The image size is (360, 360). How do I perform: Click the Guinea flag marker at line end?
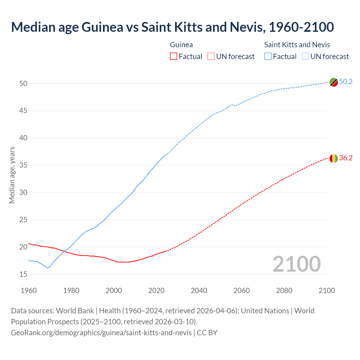coord(334,159)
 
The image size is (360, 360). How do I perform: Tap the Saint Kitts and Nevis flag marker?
coord(334,82)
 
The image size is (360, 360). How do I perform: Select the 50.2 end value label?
coord(346,82)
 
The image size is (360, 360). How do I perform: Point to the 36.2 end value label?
coord(346,158)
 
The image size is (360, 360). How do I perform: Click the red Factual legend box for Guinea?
coord(174,56)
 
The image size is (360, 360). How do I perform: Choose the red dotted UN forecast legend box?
coord(211,56)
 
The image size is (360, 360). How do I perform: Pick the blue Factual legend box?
coord(268,56)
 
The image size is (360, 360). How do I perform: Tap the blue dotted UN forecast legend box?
coord(305,56)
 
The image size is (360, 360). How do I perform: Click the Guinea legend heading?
coord(181,45)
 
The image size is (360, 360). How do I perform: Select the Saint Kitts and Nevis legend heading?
coord(297,45)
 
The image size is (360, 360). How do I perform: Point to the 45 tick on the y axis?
coord(23,111)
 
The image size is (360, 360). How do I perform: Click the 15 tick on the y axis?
coord(23,274)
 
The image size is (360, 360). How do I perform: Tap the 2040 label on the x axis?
coord(199,291)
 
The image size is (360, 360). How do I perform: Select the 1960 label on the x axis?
coord(29,291)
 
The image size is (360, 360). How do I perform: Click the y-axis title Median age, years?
coord(12,175)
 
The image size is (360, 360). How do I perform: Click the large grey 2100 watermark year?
coord(296,264)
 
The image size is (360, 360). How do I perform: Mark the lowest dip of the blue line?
coord(48,268)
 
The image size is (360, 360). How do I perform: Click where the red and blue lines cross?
coord(64,251)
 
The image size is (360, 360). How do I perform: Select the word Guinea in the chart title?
coord(102,27)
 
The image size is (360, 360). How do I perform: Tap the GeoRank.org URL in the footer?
coord(101,332)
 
